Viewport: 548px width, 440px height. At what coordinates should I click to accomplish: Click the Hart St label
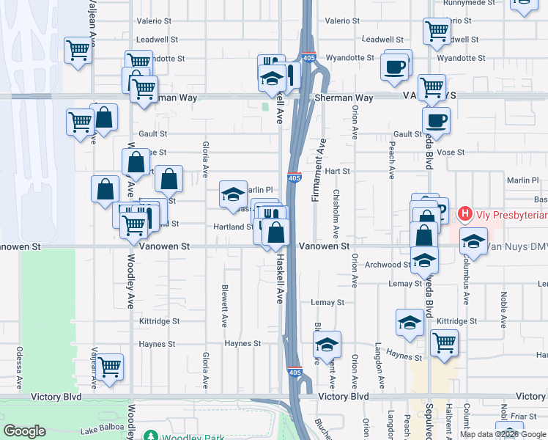coord(338,171)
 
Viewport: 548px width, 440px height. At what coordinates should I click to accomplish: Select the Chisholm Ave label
coord(336,212)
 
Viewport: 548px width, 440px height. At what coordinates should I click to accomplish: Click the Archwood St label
coord(388,265)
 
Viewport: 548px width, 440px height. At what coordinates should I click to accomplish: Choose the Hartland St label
coord(233,227)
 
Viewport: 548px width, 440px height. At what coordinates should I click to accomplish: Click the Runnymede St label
coord(467,2)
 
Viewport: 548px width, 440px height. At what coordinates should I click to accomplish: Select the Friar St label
coord(525,416)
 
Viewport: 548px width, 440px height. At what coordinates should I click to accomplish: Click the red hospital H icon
coord(464,215)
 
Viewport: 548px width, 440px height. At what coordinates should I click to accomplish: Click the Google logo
coord(25,431)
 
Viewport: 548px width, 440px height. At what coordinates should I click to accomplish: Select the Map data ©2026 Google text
coord(502,434)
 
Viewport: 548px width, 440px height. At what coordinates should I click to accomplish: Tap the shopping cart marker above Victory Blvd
coord(110,367)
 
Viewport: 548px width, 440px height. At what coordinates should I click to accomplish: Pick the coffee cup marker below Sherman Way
coord(437,120)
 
